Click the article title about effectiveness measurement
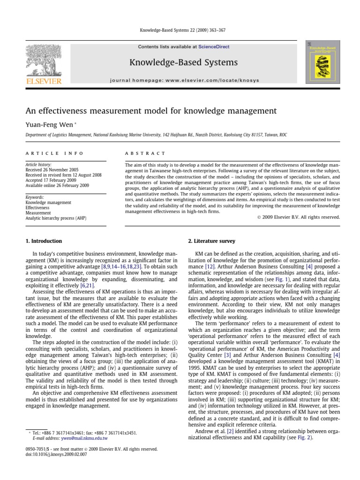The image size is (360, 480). pos(150,111)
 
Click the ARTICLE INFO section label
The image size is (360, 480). pos(54,153)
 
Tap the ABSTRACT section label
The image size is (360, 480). pos(145,153)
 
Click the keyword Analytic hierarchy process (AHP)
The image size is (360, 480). pos(56,218)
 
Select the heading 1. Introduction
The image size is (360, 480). pos(43,241)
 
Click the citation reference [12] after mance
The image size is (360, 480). pos(210,265)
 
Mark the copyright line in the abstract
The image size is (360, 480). pos(298,217)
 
